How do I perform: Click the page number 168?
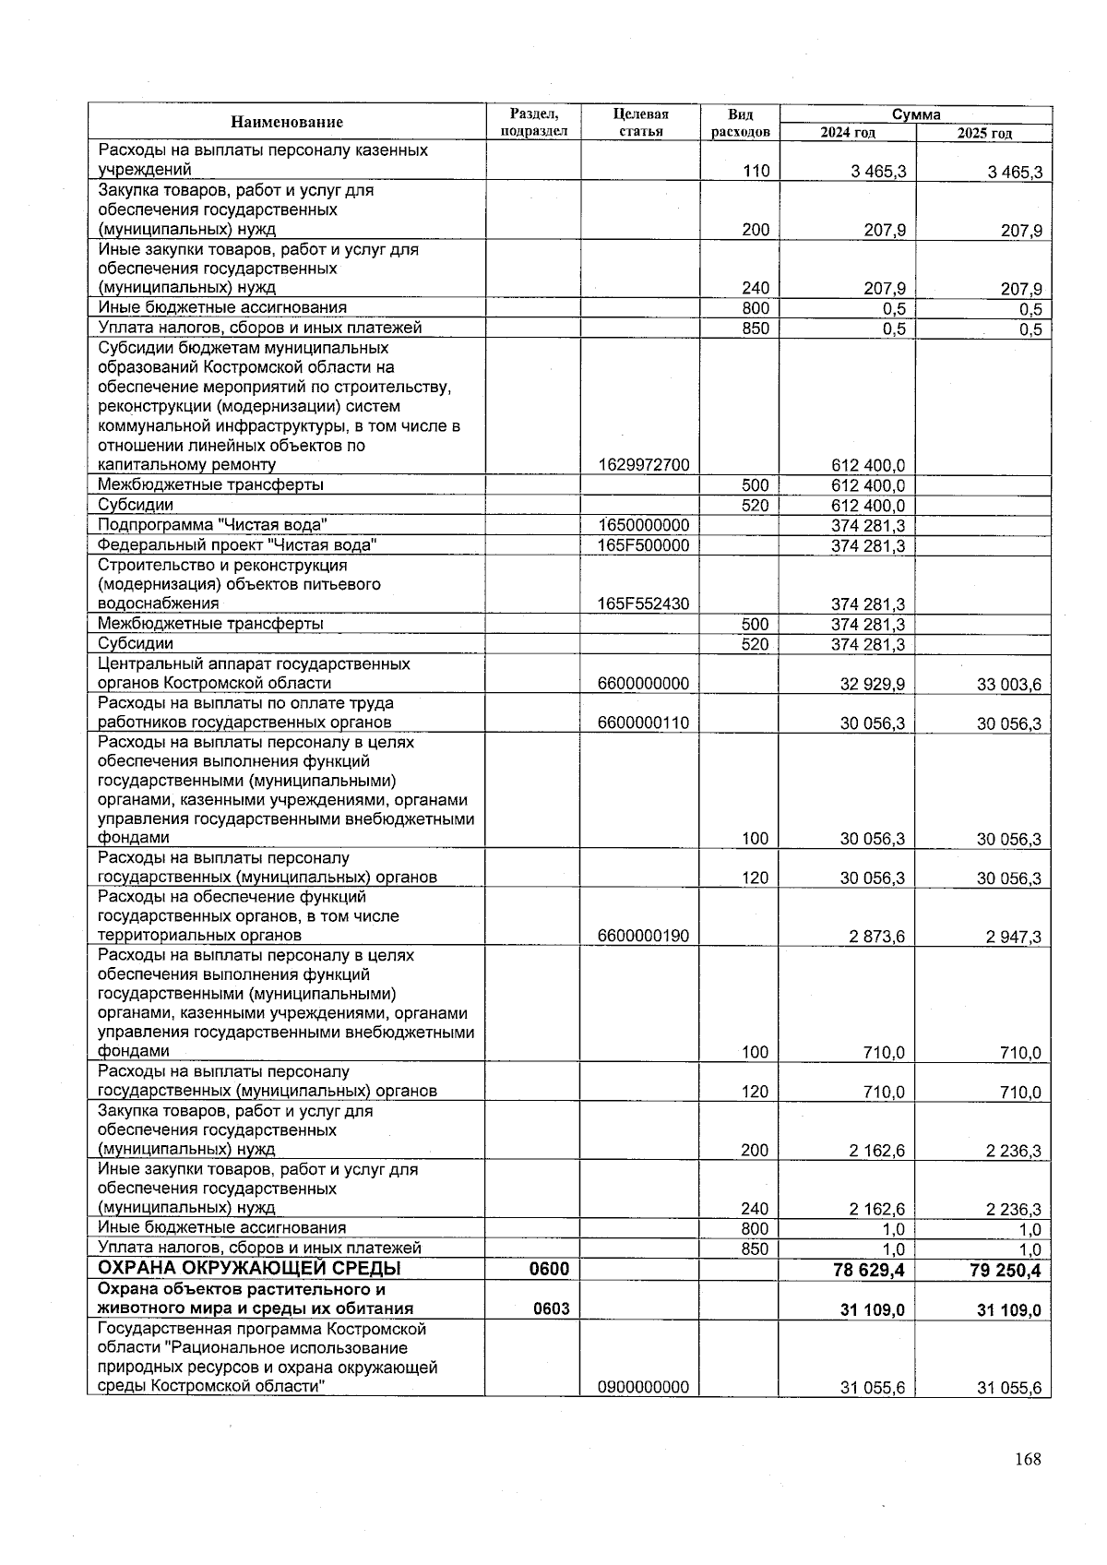click(1027, 1459)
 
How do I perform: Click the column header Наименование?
click(287, 123)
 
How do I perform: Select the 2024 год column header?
click(847, 133)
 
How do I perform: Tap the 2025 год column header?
click(983, 133)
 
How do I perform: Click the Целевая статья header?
click(639, 123)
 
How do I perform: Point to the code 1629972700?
click(643, 465)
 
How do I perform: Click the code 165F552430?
click(643, 604)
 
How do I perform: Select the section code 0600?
click(549, 1269)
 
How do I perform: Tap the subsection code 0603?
click(549, 1308)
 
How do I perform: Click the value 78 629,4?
click(869, 1270)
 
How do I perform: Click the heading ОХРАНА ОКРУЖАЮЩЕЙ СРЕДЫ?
click(249, 1268)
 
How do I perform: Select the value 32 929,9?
click(872, 684)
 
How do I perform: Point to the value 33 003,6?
click(1008, 684)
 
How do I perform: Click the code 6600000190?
click(643, 936)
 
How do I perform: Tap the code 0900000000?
click(643, 1387)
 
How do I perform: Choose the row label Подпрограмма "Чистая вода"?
click(213, 525)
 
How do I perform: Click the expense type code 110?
click(755, 171)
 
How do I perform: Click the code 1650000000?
click(643, 525)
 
